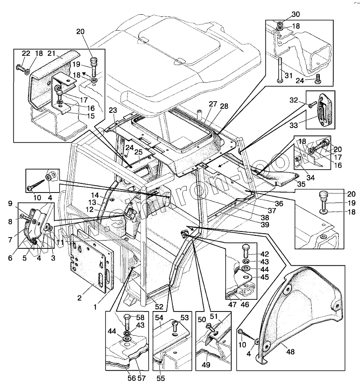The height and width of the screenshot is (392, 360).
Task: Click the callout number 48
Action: (290, 352)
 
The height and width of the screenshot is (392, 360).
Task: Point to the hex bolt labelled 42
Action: (245, 251)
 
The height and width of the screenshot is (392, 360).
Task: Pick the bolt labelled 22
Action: (19, 67)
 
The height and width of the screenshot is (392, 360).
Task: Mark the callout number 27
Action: (213, 104)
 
